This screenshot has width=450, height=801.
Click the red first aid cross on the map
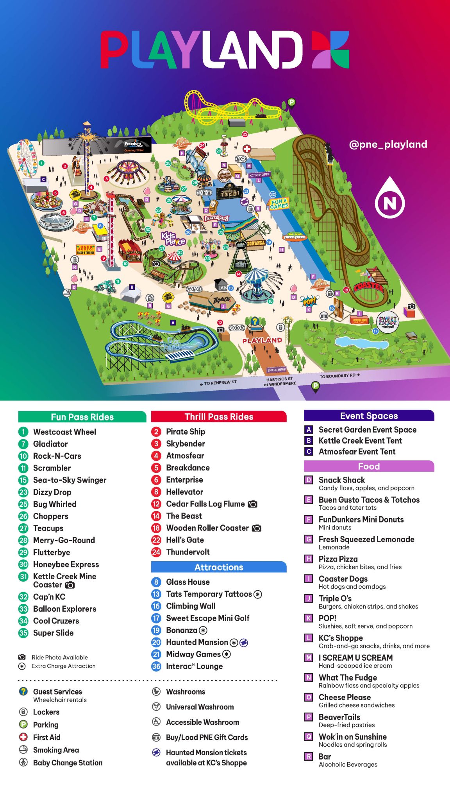pyautogui.click(x=247, y=149)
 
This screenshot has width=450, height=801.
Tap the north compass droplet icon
pyautogui.click(x=389, y=198)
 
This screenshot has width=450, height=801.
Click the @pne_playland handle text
pyautogui.click(x=388, y=144)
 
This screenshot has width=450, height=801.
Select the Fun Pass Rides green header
pyautogui.click(x=82, y=417)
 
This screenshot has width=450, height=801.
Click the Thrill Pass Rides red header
pyautogui.click(x=219, y=417)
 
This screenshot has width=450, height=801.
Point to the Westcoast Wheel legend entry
pyautogui.click(x=64, y=432)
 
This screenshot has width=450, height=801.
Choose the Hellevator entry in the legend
pyautogui.click(x=184, y=492)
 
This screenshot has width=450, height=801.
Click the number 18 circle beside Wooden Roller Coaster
pyautogui.click(x=156, y=528)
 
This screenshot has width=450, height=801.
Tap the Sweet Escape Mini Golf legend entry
pyautogui.click(x=207, y=618)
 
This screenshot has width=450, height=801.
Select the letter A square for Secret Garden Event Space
pyautogui.click(x=309, y=429)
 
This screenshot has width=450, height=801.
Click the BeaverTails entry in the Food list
pyautogui.click(x=339, y=717)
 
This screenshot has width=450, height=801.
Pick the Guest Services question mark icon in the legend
pyautogui.click(x=23, y=691)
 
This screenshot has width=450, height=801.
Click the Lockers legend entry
pyautogui.click(x=46, y=712)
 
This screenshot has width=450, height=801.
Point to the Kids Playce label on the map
pyautogui.click(x=173, y=238)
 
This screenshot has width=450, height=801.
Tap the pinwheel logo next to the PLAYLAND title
pyautogui.click(x=330, y=50)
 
